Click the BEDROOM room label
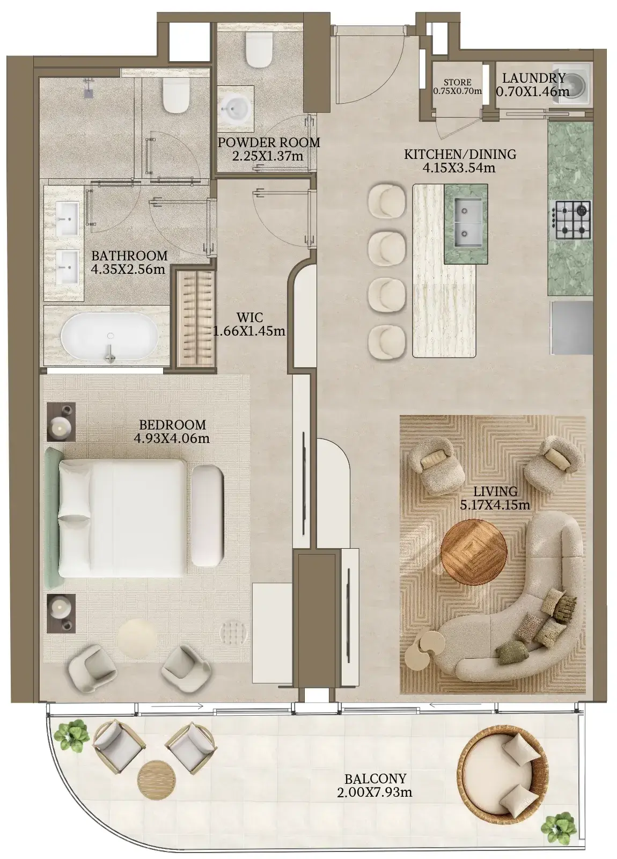click(172, 425)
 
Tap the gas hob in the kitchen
click(571, 220)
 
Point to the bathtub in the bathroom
click(110, 336)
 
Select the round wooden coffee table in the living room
click(474, 552)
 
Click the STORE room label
click(458, 82)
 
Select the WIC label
click(249, 317)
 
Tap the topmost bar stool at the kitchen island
click(386, 202)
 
